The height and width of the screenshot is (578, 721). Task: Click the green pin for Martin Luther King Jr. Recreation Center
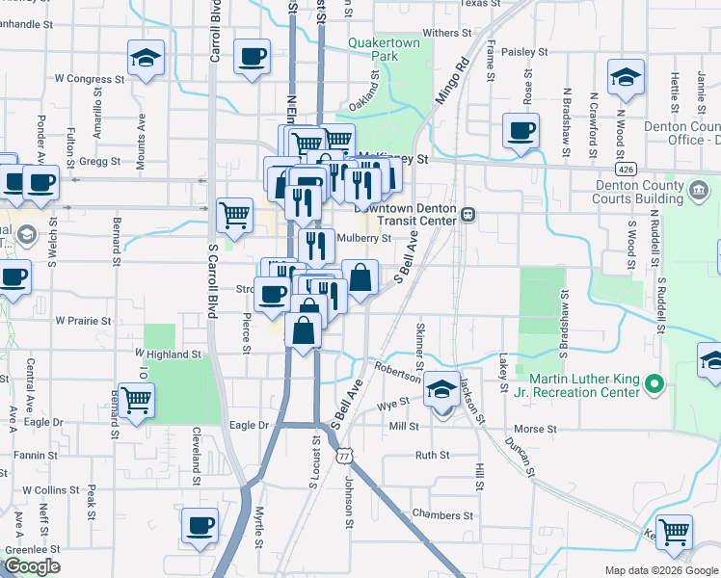(655, 385)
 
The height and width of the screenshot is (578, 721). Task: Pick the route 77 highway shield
(342, 457)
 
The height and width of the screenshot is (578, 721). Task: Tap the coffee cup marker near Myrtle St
(200, 527)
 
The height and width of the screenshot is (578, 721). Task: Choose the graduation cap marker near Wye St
(441, 389)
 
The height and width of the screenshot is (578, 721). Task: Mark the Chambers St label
(442, 515)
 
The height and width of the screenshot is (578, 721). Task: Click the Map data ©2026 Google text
(660, 570)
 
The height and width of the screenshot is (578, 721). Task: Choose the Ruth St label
(432, 455)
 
